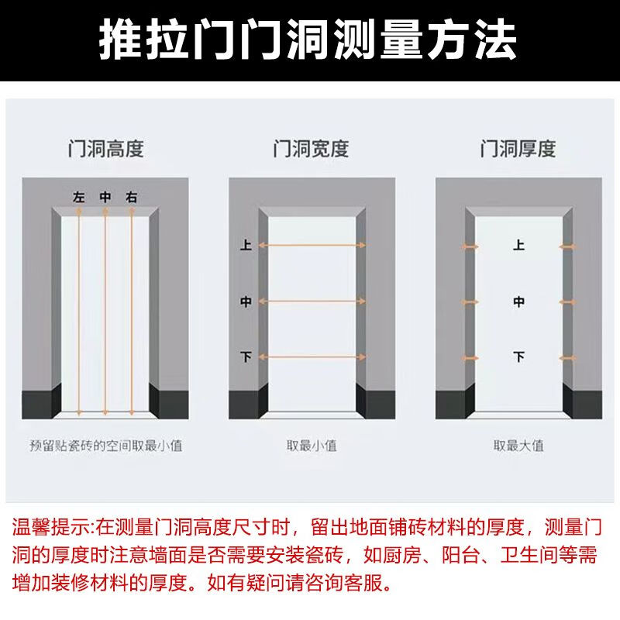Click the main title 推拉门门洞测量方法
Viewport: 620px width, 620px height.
[x=308, y=40]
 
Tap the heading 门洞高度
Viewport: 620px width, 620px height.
[x=105, y=149]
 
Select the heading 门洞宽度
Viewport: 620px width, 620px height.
[x=312, y=149]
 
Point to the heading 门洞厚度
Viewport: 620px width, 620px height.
[x=518, y=149]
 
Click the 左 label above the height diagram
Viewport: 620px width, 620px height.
[x=79, y=197]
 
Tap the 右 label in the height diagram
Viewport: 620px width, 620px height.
[x=131, y=197]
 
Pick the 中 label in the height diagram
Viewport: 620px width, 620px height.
[x=105, y=197]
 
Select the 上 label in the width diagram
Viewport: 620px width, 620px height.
[x=246, y=245]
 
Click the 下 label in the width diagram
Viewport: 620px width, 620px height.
[x=246, y=357]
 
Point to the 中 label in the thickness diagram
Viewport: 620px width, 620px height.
[x=518, y=302]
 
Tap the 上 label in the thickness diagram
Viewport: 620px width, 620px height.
[x=518, y=245]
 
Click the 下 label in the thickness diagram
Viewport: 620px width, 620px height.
[x=518, y=357]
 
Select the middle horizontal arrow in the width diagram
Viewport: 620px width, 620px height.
[x=312, y=301]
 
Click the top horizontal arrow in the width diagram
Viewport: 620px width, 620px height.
[x=312, y=246]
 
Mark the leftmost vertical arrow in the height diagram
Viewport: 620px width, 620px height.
[x=79, y=312]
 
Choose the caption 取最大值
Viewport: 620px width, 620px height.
[x=518, y=446]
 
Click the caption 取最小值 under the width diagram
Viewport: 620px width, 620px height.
[x=312, y=446]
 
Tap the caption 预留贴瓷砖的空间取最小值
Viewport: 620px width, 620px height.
[x=106, y=446]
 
